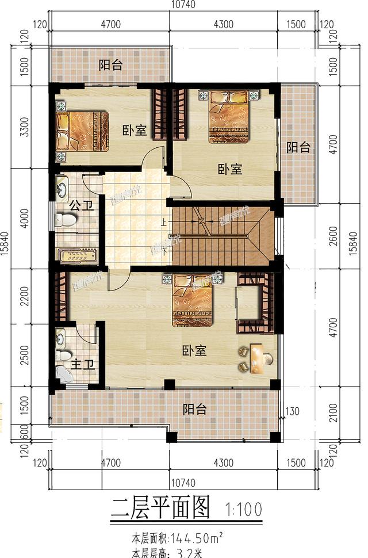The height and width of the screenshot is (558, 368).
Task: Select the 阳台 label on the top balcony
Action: click(x=109, y=64)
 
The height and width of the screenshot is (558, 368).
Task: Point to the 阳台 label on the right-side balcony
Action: click(x=298, y=147)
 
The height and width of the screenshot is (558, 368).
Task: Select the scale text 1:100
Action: click(x=244, y=509)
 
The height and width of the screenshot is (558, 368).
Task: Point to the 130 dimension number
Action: click(x=293, y=411)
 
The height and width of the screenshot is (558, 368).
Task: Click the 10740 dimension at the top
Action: click(x=183, y=5)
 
